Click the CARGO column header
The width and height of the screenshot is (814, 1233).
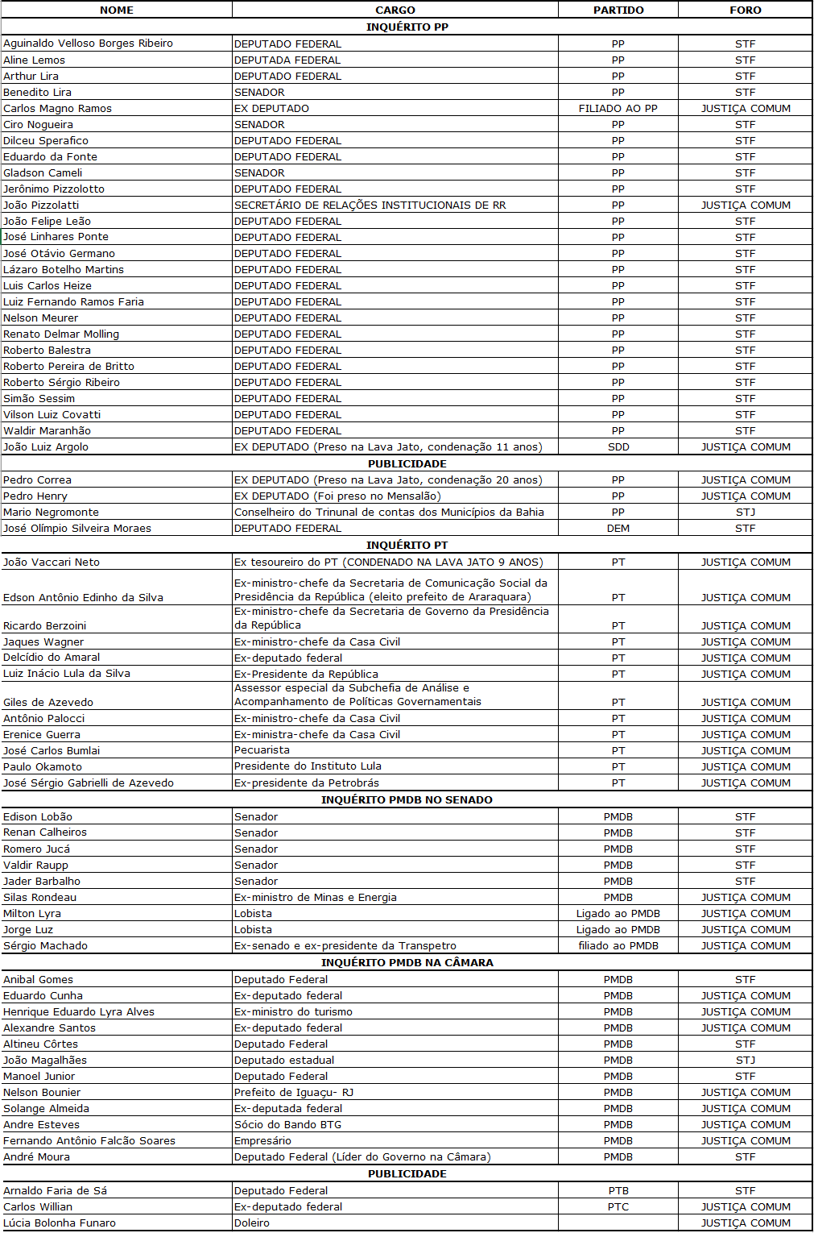[x=395, y=10]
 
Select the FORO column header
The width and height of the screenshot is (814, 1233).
[x=745, y=10]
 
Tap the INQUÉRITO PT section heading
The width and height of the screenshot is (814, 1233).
[x=407, y=545]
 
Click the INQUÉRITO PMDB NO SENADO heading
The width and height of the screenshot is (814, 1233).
[x=407, y=799]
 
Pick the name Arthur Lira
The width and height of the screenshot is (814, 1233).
[x=31, y=77]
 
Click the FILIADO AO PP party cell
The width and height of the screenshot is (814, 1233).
[x=618, y=109]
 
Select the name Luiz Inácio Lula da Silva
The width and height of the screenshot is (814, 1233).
[x=67, y=674]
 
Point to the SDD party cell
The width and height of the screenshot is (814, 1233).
[x=618, y=447]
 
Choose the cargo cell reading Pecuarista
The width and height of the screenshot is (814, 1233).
[x=262, y=750]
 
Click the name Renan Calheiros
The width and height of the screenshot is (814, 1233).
[x=45, y=832]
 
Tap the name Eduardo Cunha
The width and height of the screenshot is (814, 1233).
[x=43, y=996]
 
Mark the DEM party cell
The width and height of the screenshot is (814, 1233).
[x=618, y=529]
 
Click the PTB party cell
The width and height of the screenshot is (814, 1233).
[x=618, y=1191]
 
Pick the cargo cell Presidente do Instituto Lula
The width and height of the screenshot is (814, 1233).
[x=308, y=766]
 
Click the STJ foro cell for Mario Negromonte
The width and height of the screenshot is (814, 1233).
[x=745, y=513]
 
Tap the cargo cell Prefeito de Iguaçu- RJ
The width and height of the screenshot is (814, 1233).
[x=294, y=1093]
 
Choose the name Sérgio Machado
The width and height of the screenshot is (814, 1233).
[x=46, y=946]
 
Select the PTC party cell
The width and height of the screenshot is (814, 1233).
[x=618, y=1207]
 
